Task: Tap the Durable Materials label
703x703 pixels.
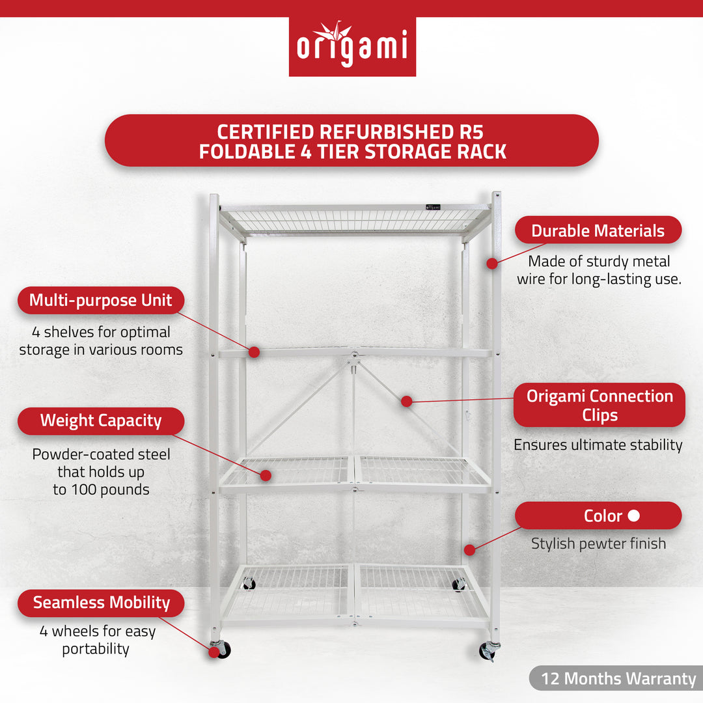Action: (598, 230)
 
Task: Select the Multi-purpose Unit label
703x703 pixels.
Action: (100, 300)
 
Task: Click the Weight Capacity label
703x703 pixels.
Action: (100, 420)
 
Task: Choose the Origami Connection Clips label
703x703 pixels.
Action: (599, 405)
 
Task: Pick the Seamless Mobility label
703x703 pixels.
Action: (100, 603)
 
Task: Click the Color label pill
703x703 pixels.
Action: (598, 516)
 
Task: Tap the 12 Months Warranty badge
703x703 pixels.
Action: (618, 678)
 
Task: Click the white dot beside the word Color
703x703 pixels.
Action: (633, 516)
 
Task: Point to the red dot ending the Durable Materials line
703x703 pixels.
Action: (492, 264)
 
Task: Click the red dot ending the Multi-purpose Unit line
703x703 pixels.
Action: (254, 352)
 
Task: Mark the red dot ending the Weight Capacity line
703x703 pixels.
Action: (266, 475)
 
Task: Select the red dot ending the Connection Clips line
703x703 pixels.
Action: (407, 402)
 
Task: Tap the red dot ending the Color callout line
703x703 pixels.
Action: (469, 550)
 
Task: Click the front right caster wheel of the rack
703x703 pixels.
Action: (489, 650)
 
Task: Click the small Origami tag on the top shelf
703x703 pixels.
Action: (434, 206)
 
